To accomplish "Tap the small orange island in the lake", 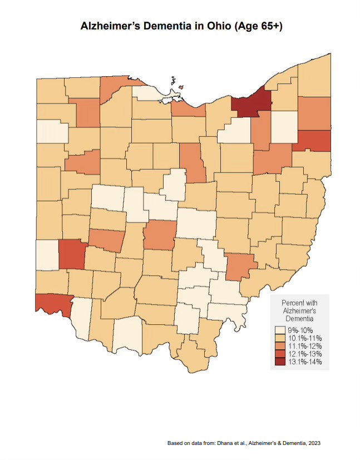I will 181,87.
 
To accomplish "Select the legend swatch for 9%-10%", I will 279,330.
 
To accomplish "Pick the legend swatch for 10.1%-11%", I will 279,338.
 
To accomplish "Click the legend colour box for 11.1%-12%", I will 279,345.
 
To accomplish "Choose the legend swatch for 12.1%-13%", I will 279,353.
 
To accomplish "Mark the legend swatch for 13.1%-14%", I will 279,361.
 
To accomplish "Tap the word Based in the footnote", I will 175,444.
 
